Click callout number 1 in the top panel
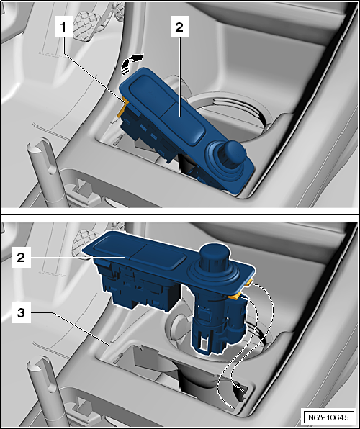pos(63,27)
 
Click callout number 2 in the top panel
pos(179,27)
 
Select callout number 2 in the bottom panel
pos(21,258)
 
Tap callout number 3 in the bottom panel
pos(21,312)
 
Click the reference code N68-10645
pos(328,417)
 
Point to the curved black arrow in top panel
pos(131,63)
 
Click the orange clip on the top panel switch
pos(122,107)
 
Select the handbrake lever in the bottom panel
pos(45,392)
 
